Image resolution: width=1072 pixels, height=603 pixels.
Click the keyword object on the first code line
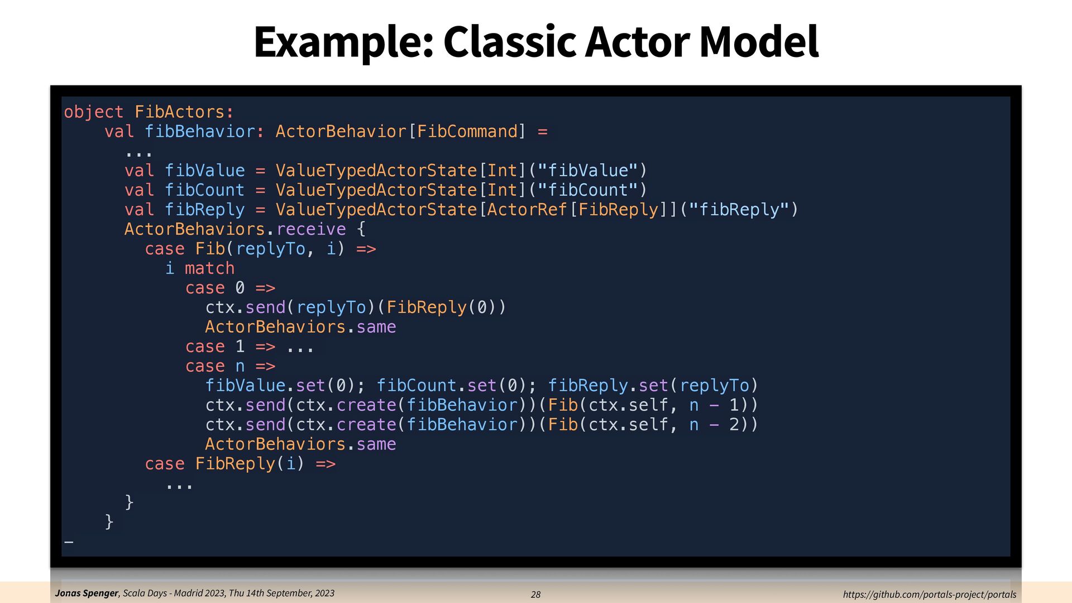pyautogui.click(x=93, y=112)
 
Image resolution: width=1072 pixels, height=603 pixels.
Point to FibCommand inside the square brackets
pyautogui.click(x=467, y=132)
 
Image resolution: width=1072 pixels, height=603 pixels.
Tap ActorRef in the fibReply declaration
pyautogui.click(x=527, y=210)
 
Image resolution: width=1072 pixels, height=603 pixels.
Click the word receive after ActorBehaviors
pyautogui.click(x=311, y=229)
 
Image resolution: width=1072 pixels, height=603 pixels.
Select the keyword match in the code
pyautogui.click(x=209, y=269)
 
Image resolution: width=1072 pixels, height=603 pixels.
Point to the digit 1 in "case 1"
pyautogui.click(x=240, y=347)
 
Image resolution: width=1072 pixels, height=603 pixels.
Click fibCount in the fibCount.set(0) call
pyautogui.click(x=417, y=386)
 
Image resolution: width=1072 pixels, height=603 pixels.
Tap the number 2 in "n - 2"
pyautogui.click(x=734, y=425)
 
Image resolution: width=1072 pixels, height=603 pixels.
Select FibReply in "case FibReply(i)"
pyautogui.click(x=235, y=464)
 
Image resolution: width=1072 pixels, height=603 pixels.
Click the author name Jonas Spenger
pyautogui.click(x=87, y=594)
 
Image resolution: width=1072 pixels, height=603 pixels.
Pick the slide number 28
pyautogui.click(x=535, y=595)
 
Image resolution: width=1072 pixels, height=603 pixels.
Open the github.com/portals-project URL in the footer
pyautogui.click(x=929, y=595)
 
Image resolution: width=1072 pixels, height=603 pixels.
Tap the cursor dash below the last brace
pyautogui.click(x=69, y=542)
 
